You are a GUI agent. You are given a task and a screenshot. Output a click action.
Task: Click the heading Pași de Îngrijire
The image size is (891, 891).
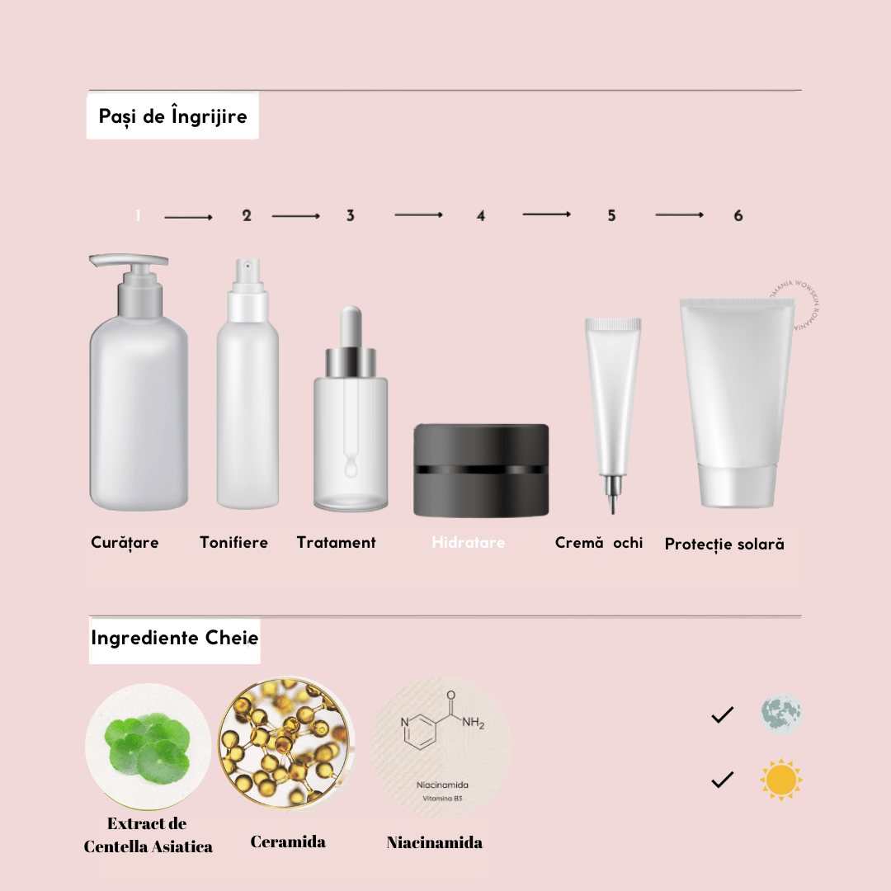172,116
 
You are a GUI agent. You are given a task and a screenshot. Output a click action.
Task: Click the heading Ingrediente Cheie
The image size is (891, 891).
174,639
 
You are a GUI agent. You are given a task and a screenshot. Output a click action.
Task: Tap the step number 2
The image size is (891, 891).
247,215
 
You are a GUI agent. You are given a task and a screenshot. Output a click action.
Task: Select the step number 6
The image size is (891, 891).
738,215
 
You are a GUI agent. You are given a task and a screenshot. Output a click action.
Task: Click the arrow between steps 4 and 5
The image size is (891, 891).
546,214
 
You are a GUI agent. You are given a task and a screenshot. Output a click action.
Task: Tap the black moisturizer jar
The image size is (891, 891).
481,469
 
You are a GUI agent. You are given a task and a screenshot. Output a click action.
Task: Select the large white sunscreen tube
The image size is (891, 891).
736,396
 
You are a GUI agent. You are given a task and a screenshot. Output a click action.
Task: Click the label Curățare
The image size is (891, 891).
125,543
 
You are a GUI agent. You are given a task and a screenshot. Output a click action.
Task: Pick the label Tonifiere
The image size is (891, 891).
233,543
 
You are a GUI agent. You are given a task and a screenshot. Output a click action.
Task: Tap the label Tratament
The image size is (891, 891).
336,543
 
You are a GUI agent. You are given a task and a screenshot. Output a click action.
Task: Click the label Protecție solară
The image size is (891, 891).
724,544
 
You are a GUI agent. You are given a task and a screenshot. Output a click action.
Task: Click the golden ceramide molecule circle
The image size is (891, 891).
286,736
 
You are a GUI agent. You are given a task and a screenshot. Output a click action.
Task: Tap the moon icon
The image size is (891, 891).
780,714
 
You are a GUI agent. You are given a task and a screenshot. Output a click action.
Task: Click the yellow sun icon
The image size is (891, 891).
780,780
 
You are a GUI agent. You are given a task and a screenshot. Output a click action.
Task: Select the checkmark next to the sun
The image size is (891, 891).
722,780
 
